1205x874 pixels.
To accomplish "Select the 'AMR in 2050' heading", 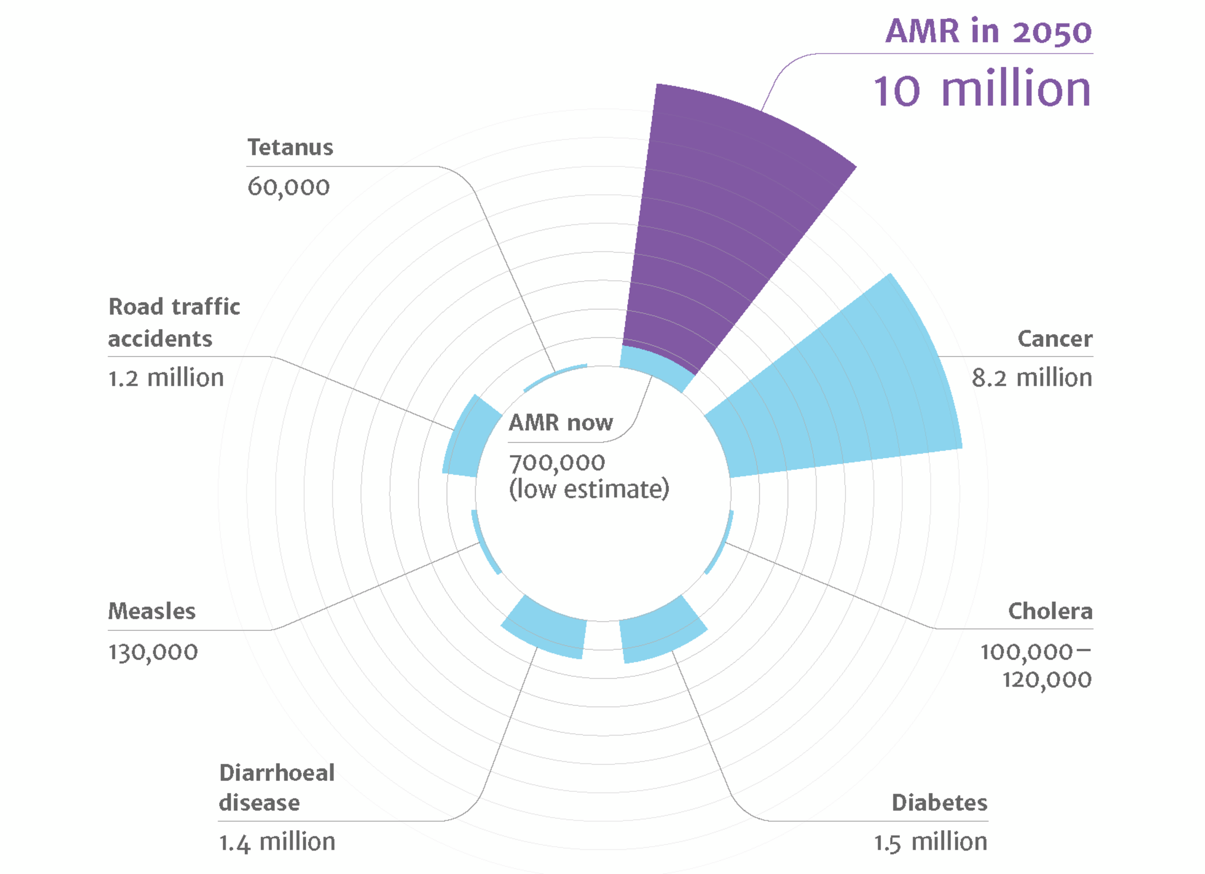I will tap(988, 31).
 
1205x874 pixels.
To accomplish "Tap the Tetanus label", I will tap(290, 147).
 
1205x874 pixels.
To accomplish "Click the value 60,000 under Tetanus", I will tap(288, 187).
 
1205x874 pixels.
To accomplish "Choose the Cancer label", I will tap(1054, 339).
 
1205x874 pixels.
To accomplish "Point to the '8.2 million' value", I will tap(1031, 378).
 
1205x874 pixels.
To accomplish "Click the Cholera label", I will tap(1050, 611).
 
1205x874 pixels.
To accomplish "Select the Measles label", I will tap(152, 611).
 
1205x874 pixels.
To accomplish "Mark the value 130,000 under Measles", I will tap(153, 652).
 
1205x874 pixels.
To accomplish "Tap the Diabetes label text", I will tap(939, 803).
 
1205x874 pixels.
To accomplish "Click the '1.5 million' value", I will tap(930, 842).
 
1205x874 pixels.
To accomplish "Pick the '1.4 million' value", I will tap(277, 842).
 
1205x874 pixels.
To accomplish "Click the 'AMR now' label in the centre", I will tap(560, 423).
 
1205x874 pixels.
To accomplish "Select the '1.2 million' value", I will tap(166, 378).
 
